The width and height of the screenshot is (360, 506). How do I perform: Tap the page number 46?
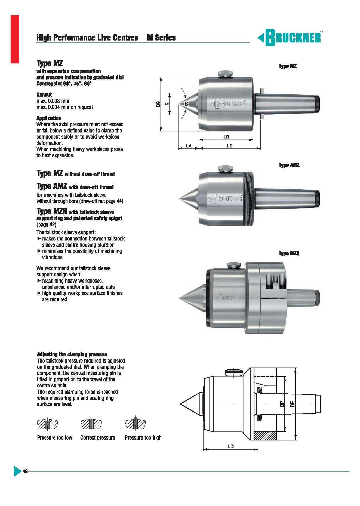(x=25, y=471)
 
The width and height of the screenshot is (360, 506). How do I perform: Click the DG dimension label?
(x=158, y=104)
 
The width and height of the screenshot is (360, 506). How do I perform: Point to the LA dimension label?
(x=189, y=146)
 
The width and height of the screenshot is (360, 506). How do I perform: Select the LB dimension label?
(x=226, y=137)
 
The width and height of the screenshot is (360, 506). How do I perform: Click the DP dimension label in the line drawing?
(x=282, y=404)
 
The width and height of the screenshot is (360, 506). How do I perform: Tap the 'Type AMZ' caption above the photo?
(x=289, y=165)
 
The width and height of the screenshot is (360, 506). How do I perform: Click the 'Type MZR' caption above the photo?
(x=289, y=253)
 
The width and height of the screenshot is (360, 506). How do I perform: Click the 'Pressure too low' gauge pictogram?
(x=47, y=424)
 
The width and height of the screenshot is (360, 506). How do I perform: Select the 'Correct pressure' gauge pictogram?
(x=91, y=424)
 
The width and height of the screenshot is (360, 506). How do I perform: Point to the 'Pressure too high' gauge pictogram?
(x=135, y=423)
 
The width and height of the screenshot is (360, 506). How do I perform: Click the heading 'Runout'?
(x=44, y=95)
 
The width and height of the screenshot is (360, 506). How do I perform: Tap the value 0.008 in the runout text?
(x=54, y=101)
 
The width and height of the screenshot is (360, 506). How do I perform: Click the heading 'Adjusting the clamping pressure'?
(x=72, y=354)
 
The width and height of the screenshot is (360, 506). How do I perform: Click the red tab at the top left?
(x=15, y=39)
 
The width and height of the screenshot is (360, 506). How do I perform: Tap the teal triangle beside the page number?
(x=17, y=471)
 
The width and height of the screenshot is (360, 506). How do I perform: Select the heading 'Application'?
(x=49, y=118)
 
